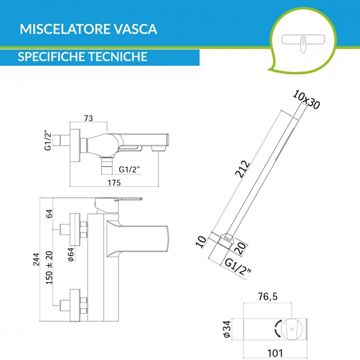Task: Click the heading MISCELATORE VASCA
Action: pos(89,30)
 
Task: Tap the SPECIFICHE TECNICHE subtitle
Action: pos(83,57)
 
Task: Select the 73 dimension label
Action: pos(88,118)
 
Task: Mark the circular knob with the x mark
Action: pos(292,329)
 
